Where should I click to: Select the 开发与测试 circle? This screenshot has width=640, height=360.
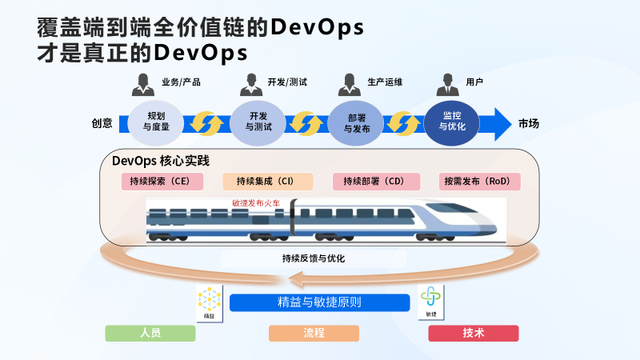(258, 122)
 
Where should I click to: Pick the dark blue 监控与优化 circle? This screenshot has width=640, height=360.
(452, 122)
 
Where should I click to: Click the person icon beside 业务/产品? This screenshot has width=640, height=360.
(143, 83)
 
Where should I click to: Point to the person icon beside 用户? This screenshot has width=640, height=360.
(449, 83)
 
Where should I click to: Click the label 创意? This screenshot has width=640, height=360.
(102, 124)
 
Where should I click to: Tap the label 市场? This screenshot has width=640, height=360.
(529, 124)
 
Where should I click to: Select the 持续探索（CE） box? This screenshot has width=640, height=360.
(162, 182)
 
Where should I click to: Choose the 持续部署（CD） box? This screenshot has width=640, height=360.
(374, 182)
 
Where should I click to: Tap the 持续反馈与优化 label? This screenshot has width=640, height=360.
(314, 258)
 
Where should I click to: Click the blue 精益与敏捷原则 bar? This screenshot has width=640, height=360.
(319, 303)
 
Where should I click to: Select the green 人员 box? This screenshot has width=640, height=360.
(150, 333)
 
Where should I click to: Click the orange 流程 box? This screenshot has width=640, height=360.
(314, 333)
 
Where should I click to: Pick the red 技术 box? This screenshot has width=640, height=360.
(474, 333)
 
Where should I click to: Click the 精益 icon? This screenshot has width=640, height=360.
(209, 305)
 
